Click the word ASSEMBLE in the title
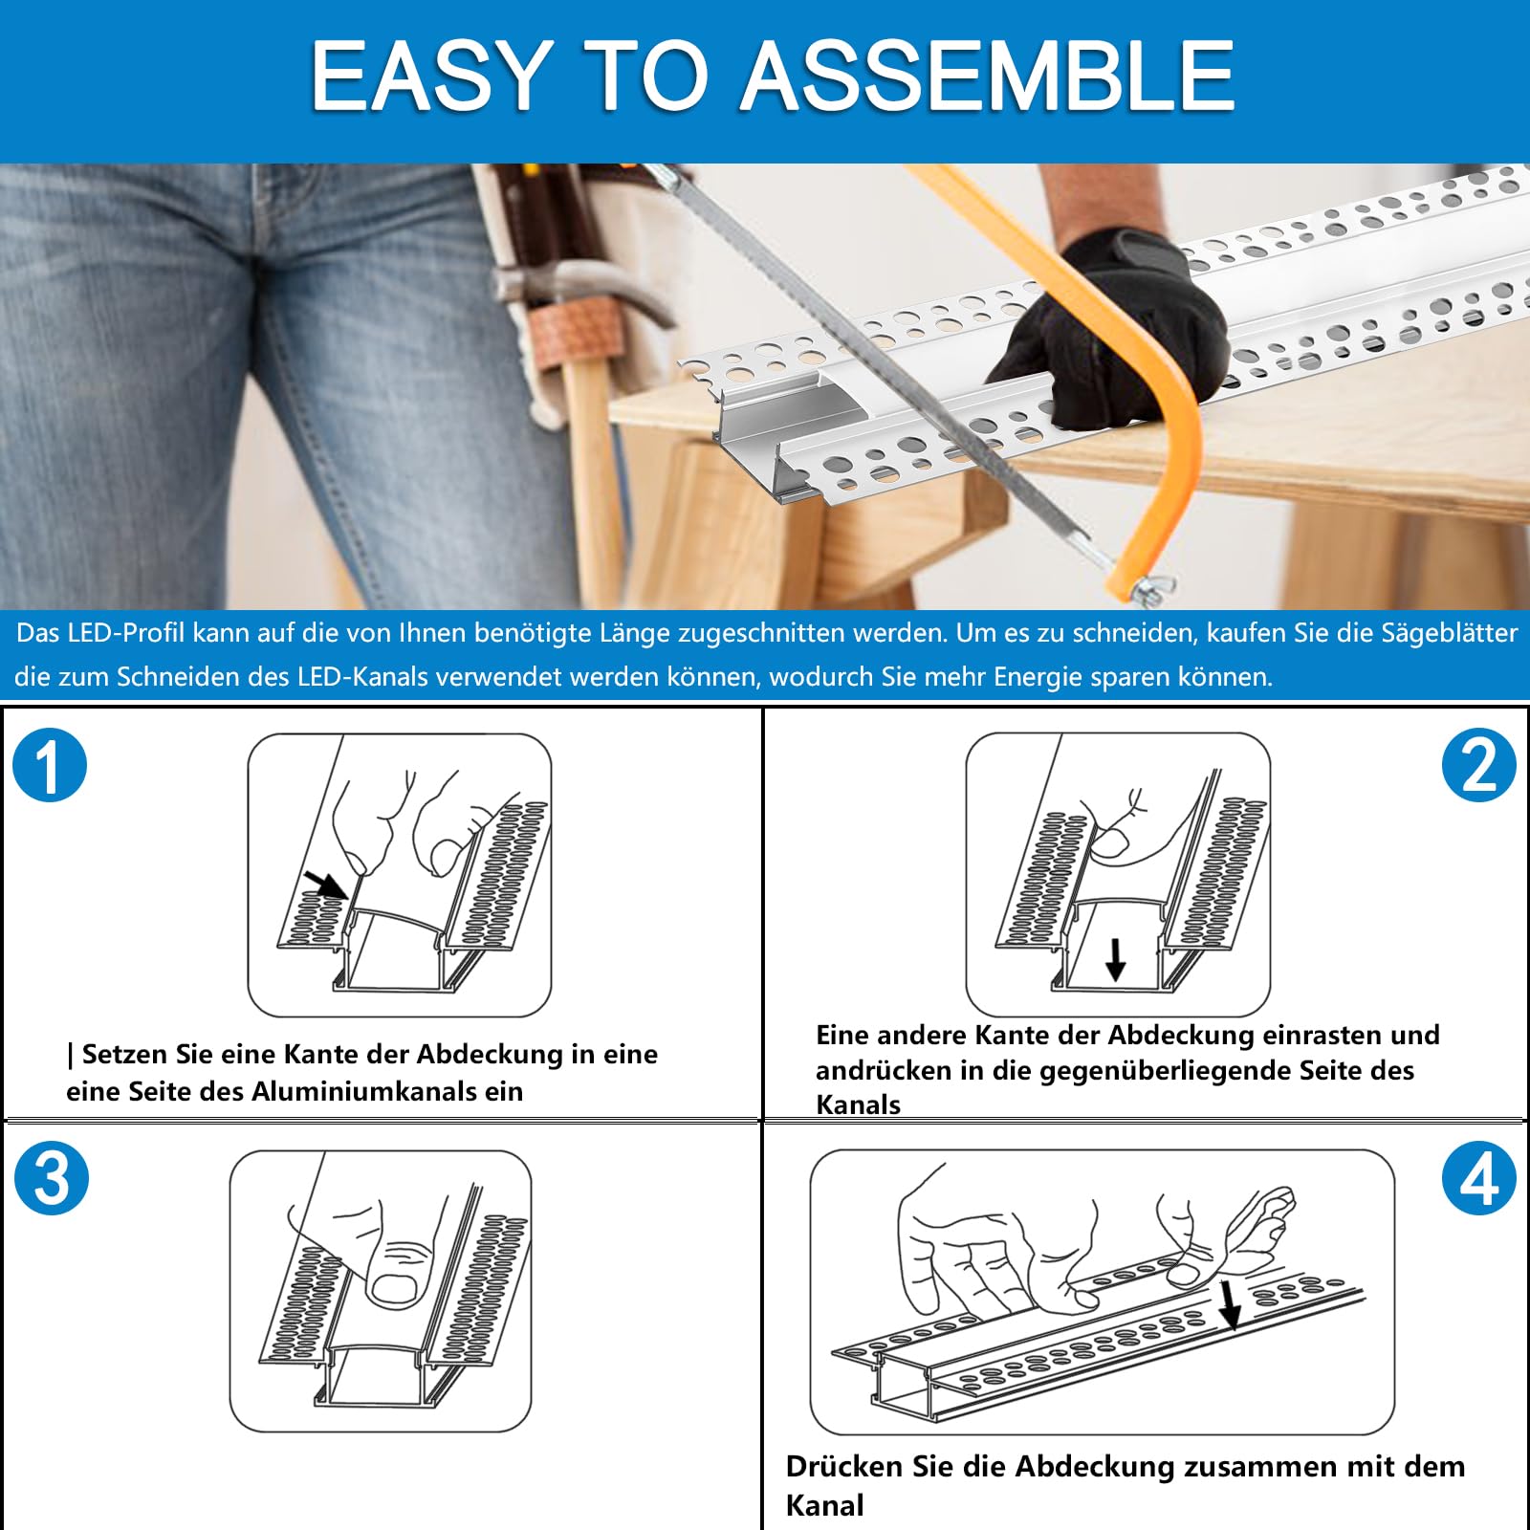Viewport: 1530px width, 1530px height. click(x=989, y=76)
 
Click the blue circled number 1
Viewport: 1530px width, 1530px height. click(x=50, y=765)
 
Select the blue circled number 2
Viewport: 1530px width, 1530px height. click(x=1479, y=765)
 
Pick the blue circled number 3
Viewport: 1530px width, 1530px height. click(x=52, y=1177)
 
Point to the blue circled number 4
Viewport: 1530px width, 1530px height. click(x=1479, y=1177)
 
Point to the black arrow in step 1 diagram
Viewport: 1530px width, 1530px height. click(x=325, y=885)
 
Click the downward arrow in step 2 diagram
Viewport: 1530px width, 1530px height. click(x=1115, y=959)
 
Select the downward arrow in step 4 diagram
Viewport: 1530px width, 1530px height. click(x=1231, y=1306)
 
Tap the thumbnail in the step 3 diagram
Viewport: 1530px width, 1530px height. click(x=391, y=1289)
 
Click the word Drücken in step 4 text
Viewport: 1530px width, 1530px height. click(x=844, y=1466)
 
